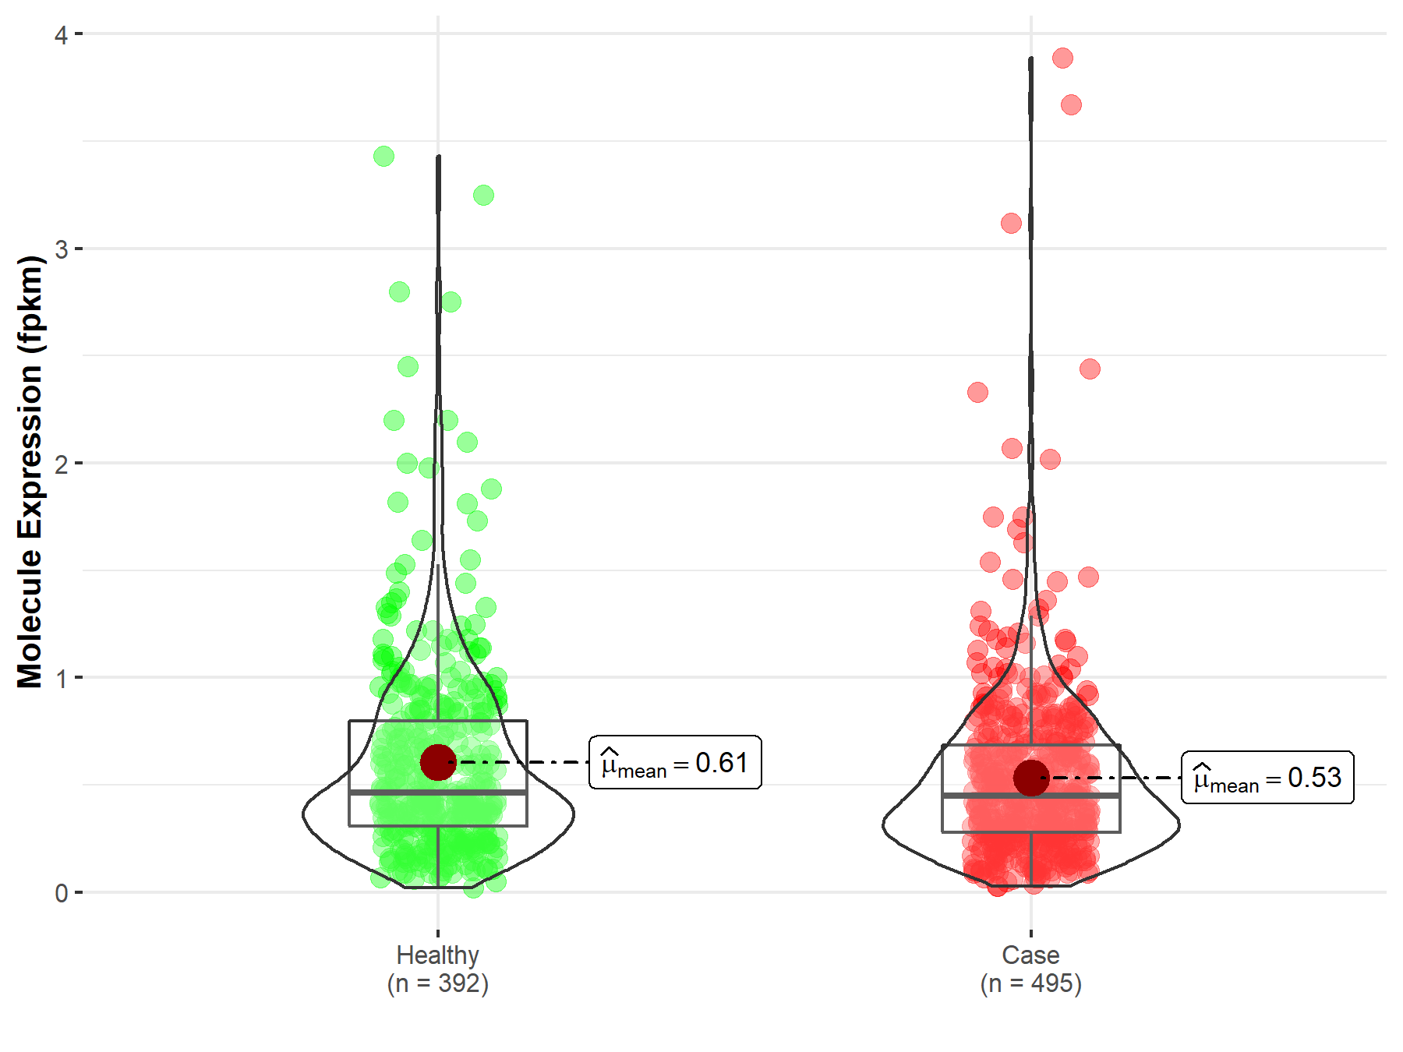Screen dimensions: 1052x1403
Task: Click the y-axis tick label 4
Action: coord(61,35)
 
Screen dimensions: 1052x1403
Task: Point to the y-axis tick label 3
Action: coord(61,249)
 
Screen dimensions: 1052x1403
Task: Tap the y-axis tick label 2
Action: coord(61,464)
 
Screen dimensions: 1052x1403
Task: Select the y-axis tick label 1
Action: coord(61,678)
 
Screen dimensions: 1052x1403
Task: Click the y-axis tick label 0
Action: coord(61,893)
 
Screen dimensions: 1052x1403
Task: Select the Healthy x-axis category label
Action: coord(437,955)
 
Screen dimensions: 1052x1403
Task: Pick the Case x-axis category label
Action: coord(1030,955)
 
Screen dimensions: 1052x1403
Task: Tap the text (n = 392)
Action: coord(437,983)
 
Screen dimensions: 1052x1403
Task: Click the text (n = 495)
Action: coord(1030,983)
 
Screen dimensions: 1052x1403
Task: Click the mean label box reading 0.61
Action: coord(675,762)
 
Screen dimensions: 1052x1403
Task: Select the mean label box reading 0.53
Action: coord(1267,778)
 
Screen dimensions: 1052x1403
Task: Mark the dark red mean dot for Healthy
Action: coord(437,762)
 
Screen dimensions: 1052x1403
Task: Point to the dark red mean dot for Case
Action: coord(1030,778)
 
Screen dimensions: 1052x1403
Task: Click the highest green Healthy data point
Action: coord(383,157)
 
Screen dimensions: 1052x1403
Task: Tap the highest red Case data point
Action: coord(1062,58)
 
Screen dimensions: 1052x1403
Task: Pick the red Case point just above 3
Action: coord(1011,224)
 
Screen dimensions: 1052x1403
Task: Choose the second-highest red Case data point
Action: coord(1071,104)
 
